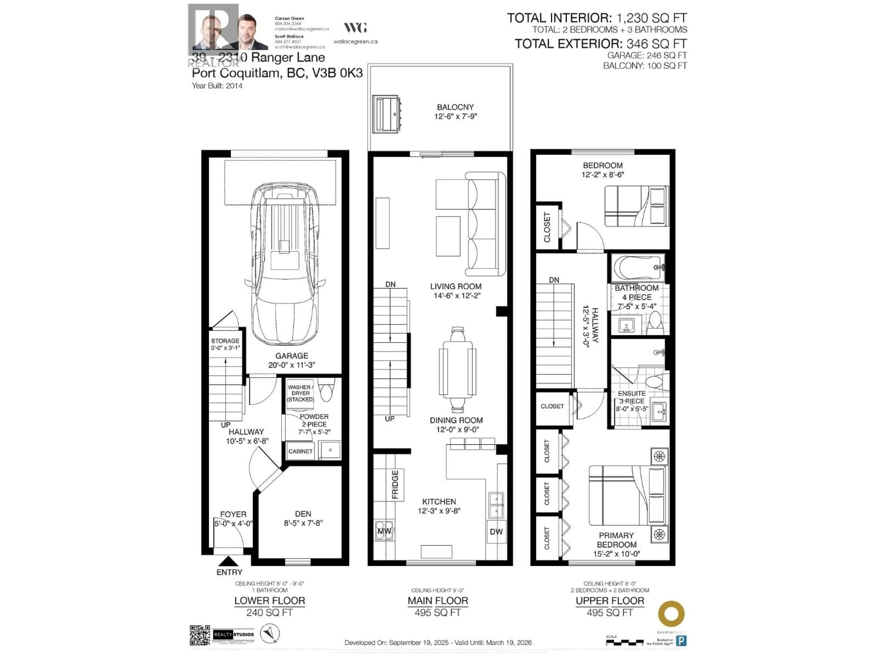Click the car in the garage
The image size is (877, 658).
point(285,263)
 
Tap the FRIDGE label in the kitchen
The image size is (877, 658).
point(395,485)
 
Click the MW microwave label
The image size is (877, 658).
point(384,531)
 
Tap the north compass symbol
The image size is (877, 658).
point(269,633)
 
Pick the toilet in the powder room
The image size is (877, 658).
point(327,391)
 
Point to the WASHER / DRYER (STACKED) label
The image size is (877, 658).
point(301,393)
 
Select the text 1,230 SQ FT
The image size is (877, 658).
point(651,18)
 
